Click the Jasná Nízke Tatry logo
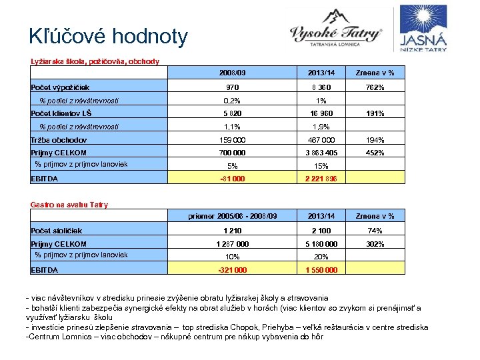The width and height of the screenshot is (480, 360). tap(423, 30)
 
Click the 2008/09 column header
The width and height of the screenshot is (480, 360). tap(233, 73)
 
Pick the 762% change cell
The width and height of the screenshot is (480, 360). tap(375, 87)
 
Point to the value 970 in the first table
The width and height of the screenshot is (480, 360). tap(233, 87)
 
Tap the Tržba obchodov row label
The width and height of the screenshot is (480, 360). tap(59, 139)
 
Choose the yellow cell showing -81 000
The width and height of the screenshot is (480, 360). tap(233, 179)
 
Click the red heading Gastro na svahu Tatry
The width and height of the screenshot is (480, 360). tap(69, 205)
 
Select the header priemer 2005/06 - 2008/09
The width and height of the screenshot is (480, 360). tap(233, 216)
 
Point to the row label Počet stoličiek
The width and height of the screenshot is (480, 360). tap(57, 231)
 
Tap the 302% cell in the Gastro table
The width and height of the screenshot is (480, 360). tap(375, 244)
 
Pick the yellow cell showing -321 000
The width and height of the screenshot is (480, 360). tap(233, 270)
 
